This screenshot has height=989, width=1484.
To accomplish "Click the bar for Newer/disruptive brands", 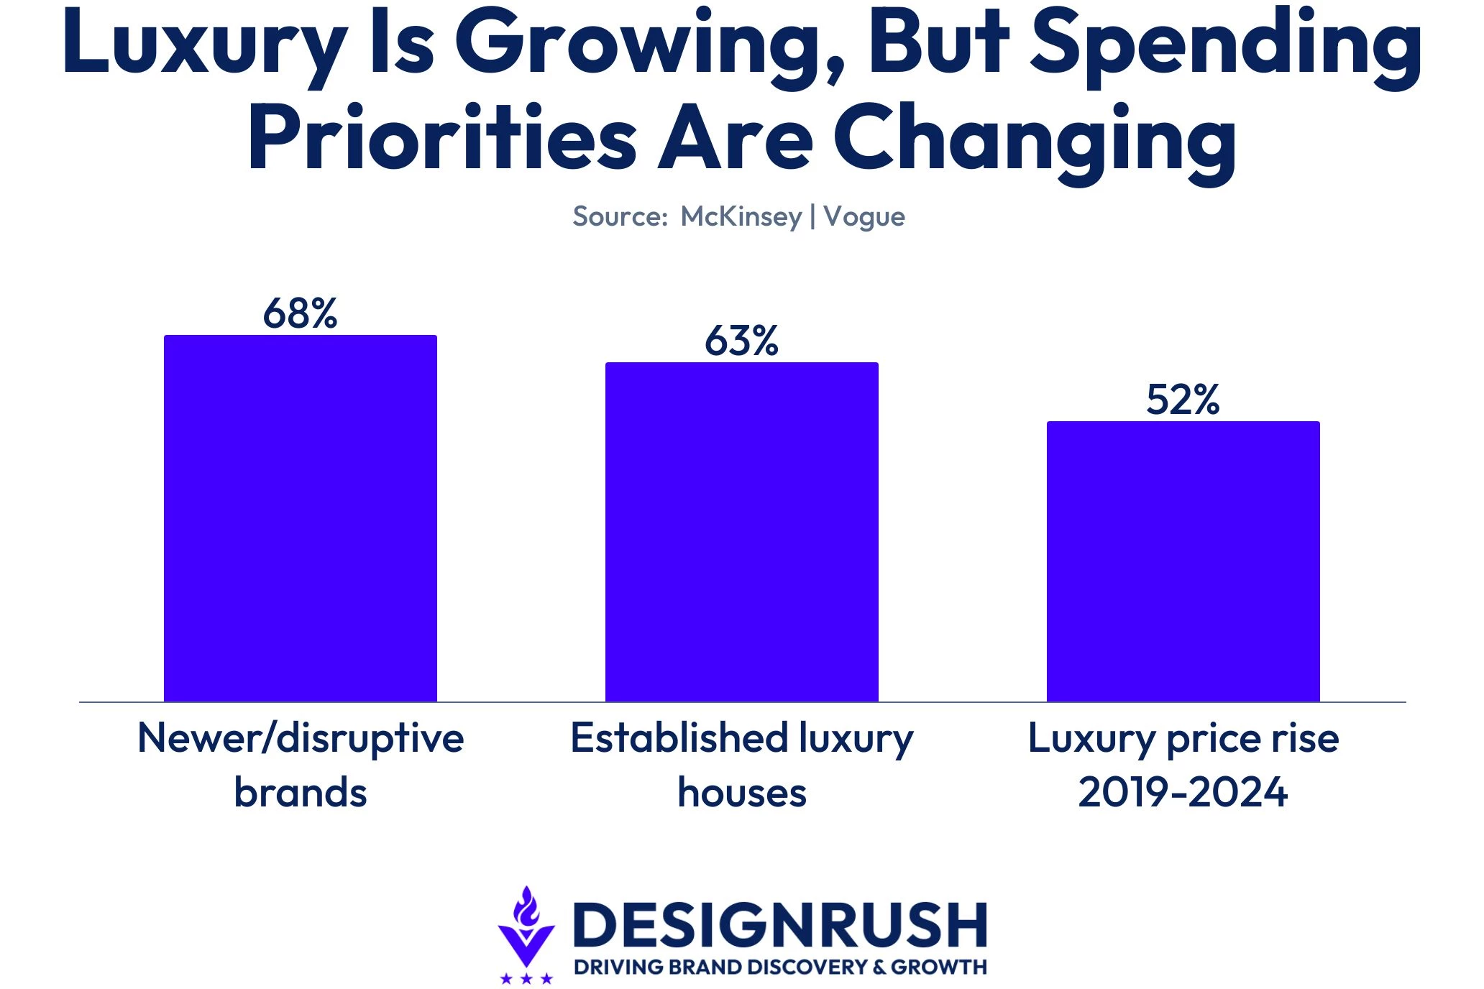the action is coord(301,518).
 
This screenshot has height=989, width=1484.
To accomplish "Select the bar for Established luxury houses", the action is coord(742,532).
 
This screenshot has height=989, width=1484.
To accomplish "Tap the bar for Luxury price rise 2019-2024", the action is coord(1183,561).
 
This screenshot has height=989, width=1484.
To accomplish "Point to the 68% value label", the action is coord(301,313).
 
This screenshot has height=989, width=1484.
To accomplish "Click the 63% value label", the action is coord(742,341).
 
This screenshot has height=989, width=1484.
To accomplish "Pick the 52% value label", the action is coord(1183,400).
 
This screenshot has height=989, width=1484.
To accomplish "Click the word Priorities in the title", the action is coord(442,137).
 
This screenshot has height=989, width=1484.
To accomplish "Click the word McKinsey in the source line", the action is coord(741,216).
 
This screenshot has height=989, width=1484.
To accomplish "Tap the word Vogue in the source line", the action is coord(864,217).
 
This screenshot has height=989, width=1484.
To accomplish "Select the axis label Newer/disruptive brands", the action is coord(301,765).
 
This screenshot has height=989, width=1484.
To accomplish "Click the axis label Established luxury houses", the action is coord(742,765).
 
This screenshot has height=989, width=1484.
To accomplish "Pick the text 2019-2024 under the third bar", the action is coord(1183,792).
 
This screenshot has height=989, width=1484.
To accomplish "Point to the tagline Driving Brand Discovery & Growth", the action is coord(781,967).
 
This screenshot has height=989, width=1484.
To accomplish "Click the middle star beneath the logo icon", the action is coord(526,978).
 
